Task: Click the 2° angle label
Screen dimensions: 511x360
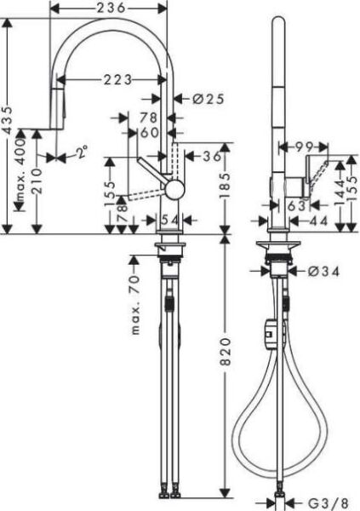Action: tap(81, 154)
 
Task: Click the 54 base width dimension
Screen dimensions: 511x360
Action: tap(170, 220)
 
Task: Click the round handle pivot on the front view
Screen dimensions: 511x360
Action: tap(174, 188)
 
